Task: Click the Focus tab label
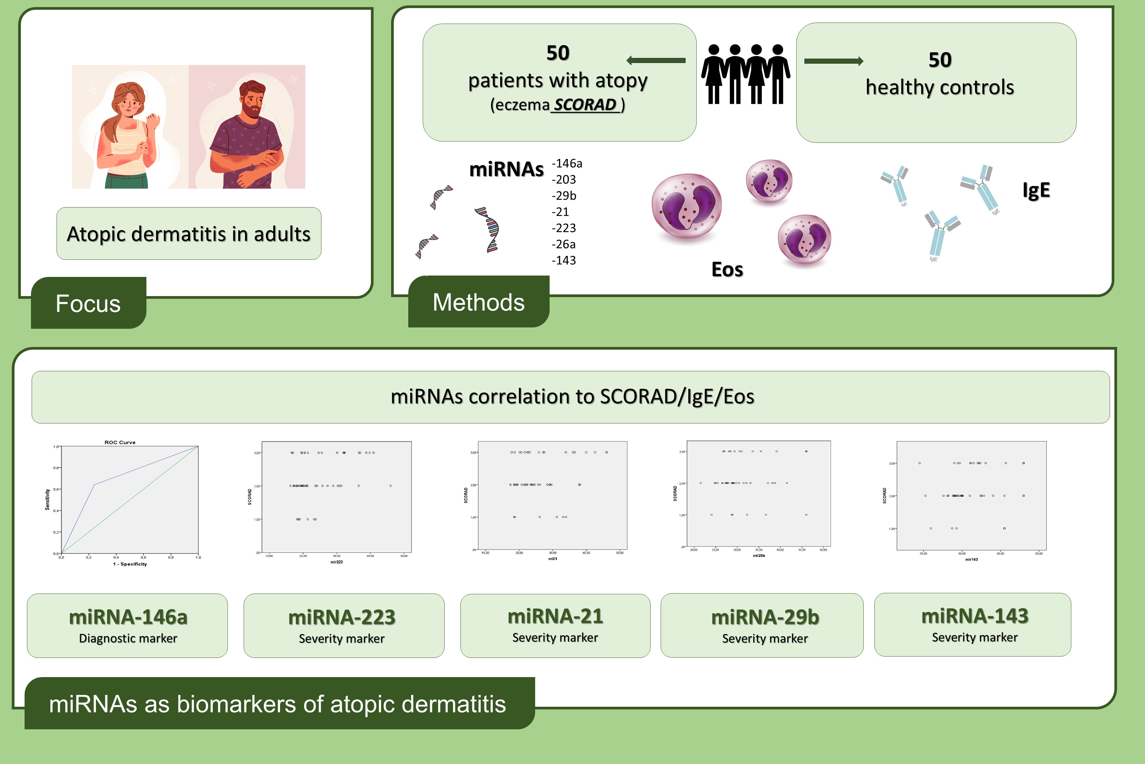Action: (x=88, y=304)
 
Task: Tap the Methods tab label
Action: (x=479, y=302)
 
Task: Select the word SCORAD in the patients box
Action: (x=585, y=105)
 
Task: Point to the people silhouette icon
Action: (x=745, y=74)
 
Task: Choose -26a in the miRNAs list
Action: (x=564, y=244)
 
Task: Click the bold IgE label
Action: (x=1036, y=190)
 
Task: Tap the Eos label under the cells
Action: (x=727, y=269)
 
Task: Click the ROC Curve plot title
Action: (x=120, y=442)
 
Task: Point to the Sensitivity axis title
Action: (x=47, y=500)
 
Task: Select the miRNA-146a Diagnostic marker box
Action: (x=128, y=626)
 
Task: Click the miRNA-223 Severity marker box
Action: (x=344, y=626)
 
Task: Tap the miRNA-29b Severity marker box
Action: (x=762, y=625)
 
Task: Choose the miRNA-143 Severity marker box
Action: (x=973, y=625)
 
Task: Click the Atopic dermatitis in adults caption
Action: (x=189, y=234)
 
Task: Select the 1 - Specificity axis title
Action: (x=130, y=564)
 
